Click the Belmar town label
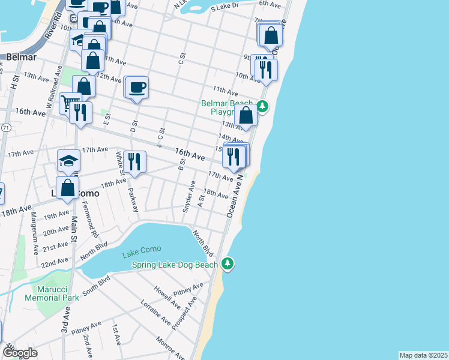click(22, 58)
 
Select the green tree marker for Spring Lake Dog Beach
click(227, 263)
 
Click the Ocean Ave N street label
click(234, 196)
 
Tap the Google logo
click(20, 353)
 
